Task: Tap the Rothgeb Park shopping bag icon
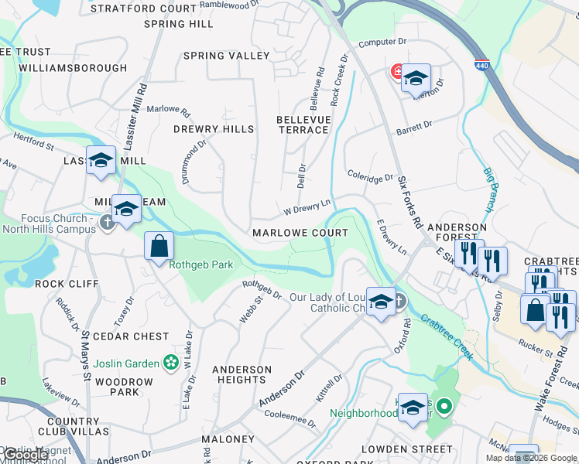[x=159, y=246]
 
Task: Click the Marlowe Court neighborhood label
[x=300, y=233]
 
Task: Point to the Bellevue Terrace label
[x=303, y=125]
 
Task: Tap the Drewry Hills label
[x=213, y=129]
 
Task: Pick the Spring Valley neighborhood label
[x=226, y=56]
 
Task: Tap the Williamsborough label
[x=73, y=68]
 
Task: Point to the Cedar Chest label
[x=130, y=336]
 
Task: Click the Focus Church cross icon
[x=108, y=223]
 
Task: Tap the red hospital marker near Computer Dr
[x=397, y=72]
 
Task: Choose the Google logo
[x=25, y=455]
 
